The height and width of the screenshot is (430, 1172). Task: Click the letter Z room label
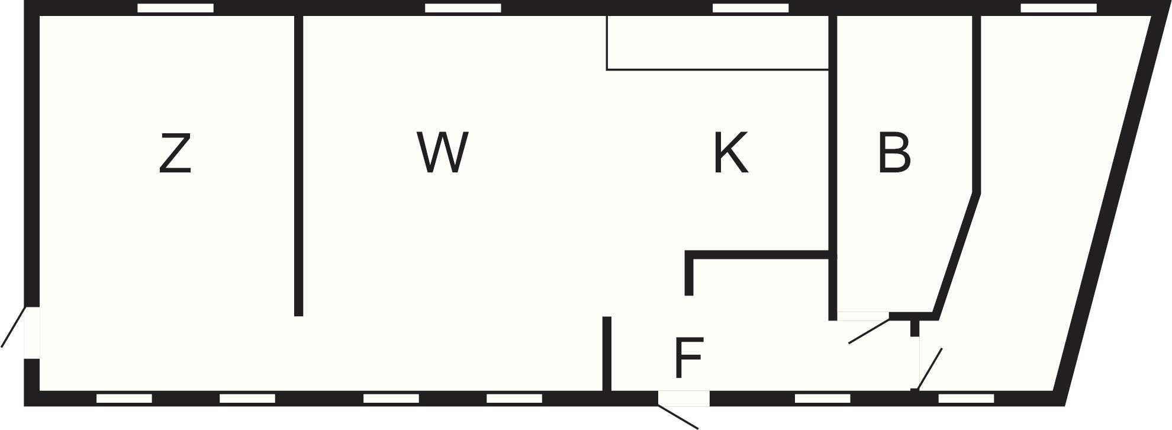pyautogui.click(x=175, y=154)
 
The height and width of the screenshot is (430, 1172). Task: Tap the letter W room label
pyautogui.click(x=442, y=153)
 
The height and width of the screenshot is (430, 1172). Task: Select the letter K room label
pyautogui.click(x=731, y=153)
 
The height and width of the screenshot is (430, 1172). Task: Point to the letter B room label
pyautogui.click(x=894, y=153)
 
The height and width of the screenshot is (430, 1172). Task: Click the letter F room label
pyautogui.click(x=688, y=357)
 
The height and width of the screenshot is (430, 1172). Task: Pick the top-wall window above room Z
pyautogui.click(x=175, y=8)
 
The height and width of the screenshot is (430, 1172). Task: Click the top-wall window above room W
pyautogui.click(x=463, y=8)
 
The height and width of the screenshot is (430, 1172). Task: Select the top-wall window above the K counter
pyautogui.click(x=751, y=8)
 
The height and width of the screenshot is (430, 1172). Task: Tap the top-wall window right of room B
pyautogui.click(x=1059, y=8)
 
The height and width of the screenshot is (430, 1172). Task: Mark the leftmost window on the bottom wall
pyautogui.click(x=124, y=399)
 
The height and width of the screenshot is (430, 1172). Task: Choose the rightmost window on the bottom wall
pyautogui.click(x=967, y=399)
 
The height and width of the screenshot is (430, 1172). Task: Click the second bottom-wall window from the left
pyautogui.click(x=247, y=399)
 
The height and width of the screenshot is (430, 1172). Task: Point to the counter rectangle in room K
pyautogui.click(x=717, y=43)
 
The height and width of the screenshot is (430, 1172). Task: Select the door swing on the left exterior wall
pyautogui.click(x=13, y=326)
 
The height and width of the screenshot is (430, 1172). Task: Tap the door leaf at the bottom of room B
pyautogui.click(x=870, y=331)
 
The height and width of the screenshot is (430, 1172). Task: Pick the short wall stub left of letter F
pyautogui.click(x=607, y=354)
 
